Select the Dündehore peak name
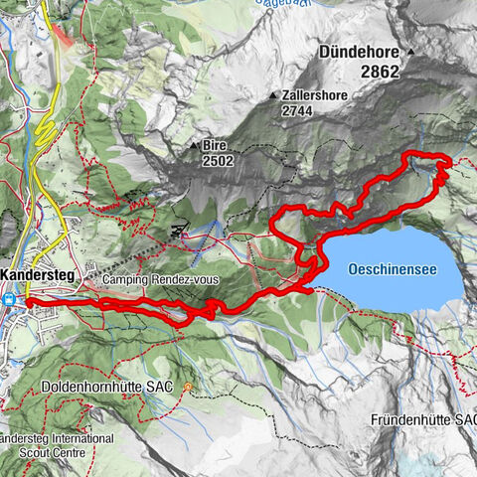(359, 51)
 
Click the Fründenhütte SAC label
(423, 419)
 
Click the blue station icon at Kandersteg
(9, 296)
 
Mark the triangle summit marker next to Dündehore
(409, 51)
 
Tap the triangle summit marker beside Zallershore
(273, 95)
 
